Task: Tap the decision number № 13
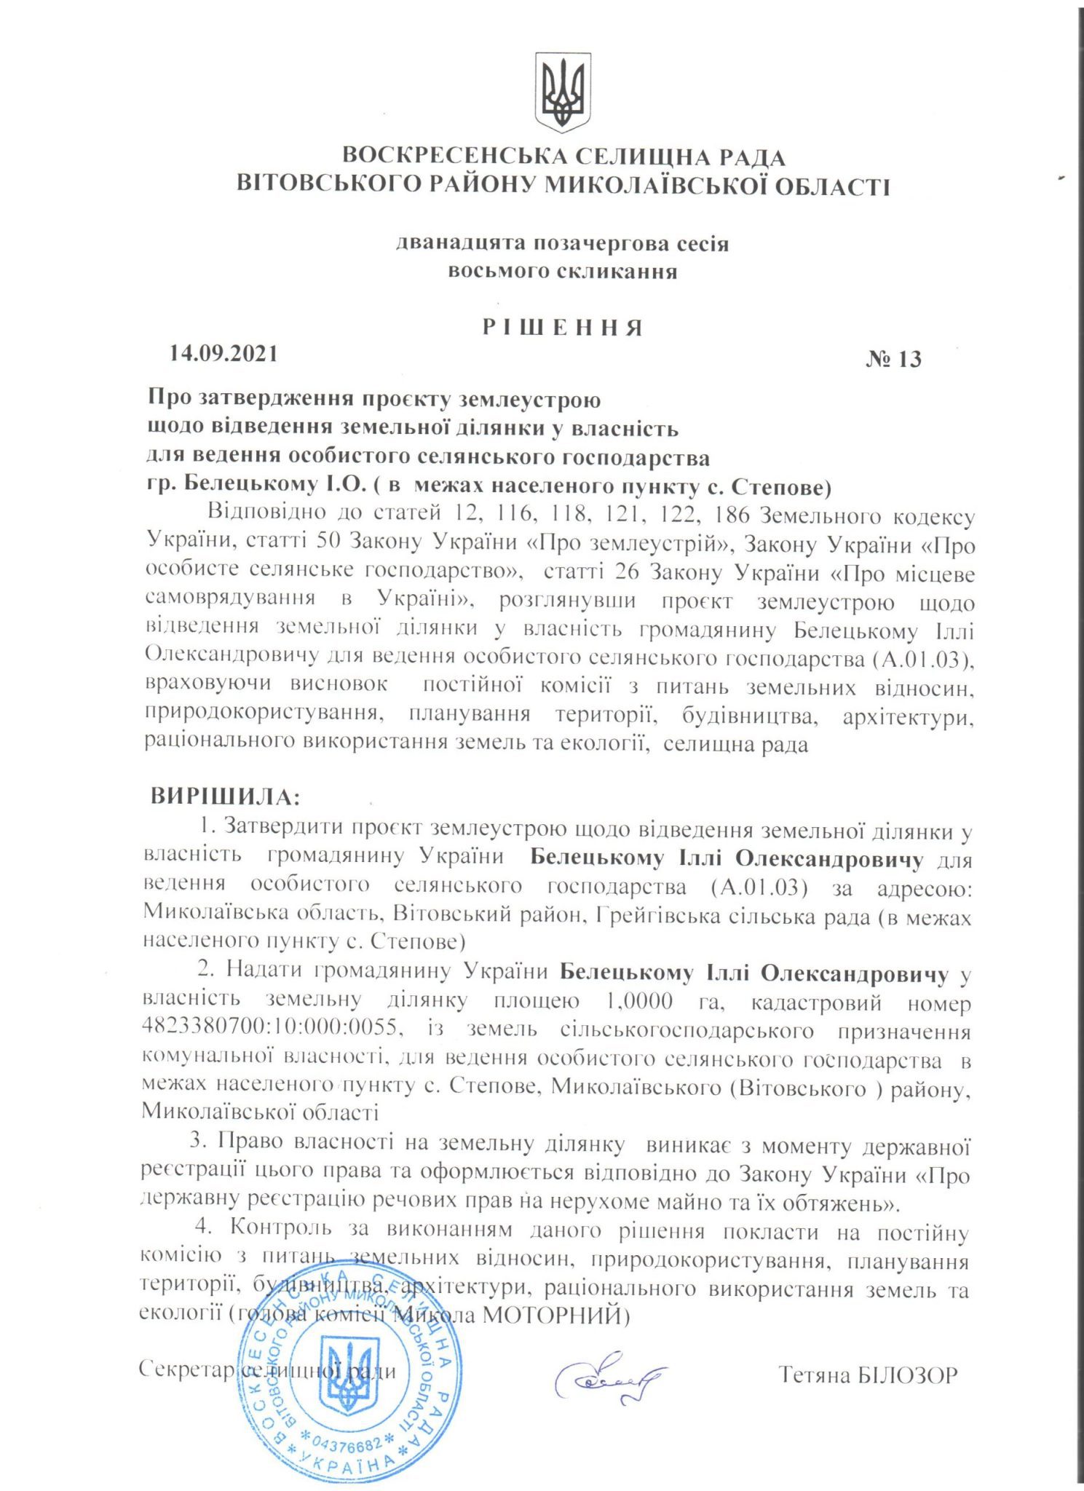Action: (x=893, y=359)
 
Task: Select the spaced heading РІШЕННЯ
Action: (x=562, y=328)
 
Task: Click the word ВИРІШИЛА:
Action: (x=225, y=796)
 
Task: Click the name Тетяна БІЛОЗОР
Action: (x=868, y=1374)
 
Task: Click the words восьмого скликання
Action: (x=562, y=272)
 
